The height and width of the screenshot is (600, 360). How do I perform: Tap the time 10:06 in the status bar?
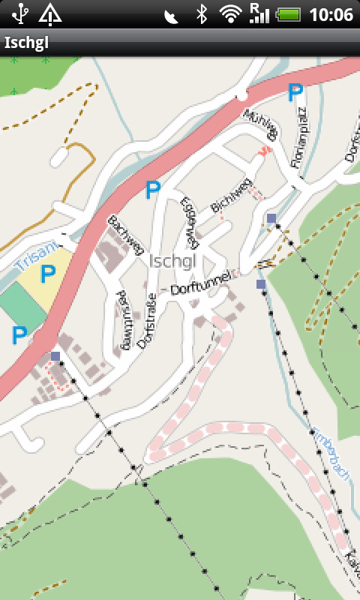coord(331,14)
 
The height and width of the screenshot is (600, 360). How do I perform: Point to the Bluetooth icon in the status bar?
coord(201,13)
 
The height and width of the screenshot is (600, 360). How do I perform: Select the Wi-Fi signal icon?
coord(230,13)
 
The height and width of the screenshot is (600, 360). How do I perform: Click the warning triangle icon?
coord(50,13)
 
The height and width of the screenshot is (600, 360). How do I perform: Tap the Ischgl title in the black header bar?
coord(26,42)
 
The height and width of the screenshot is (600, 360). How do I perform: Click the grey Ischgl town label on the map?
coord(172,261)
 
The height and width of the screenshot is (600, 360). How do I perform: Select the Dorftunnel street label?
coord(201,281)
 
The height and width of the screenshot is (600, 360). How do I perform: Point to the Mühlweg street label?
coord(262,124)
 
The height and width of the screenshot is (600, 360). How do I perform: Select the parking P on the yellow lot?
coord(48,274)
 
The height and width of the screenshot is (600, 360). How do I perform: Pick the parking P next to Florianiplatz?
coord(295,92)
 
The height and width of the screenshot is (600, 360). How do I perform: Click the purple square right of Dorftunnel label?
coord(261,284)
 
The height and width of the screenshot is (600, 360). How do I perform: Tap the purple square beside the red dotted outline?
coord(55,356)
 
